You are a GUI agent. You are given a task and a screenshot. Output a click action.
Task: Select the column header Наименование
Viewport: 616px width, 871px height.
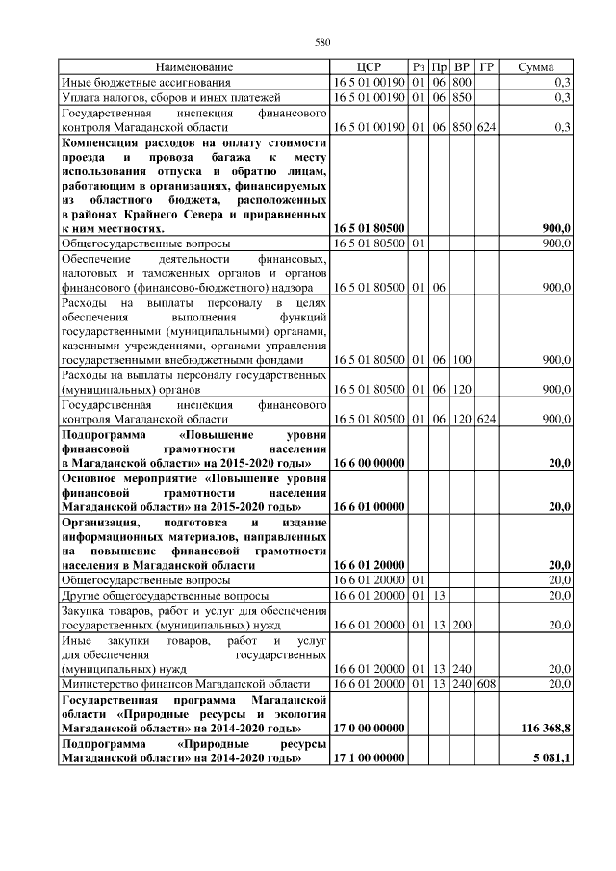(194, 67)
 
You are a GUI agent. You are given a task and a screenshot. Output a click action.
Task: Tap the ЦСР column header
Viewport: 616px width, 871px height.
(369, 67)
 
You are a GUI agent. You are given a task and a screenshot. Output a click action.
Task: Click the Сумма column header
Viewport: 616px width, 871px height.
(535, 67)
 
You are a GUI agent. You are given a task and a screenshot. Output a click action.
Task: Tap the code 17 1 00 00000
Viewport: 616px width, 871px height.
(369, 758)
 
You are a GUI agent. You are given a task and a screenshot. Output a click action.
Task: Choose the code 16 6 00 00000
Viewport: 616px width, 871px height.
(369, 463)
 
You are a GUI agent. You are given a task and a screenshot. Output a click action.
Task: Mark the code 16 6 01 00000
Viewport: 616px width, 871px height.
(369, 506)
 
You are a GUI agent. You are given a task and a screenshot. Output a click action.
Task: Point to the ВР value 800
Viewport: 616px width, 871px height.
(463, 82)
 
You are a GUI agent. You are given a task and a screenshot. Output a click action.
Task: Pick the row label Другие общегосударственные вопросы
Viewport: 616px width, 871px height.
(156, 596)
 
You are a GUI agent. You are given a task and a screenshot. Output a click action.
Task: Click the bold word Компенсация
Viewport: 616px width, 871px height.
(101, 142)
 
